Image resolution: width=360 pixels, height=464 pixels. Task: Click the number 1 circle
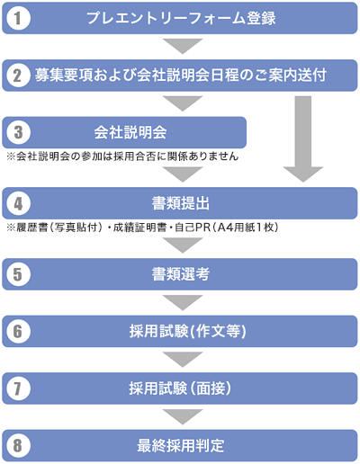[x=18, y=18]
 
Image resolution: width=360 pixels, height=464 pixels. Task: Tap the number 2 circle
[x=18, y=76]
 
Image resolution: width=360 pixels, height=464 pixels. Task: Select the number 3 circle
[x=18, y=132]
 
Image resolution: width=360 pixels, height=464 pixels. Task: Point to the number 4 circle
[x=18, y=203]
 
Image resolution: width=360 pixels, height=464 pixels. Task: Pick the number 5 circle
[x=18, y=274]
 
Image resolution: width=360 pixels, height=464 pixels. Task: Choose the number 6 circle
[x=18, y=331]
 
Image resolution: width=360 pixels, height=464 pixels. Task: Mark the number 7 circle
[x=18, y=388]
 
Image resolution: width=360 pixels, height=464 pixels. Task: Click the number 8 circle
[x=18, y=445]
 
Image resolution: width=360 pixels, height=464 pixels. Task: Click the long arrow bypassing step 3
[x=303, y=139]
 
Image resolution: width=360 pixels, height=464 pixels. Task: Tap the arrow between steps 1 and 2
[x=183, y=46]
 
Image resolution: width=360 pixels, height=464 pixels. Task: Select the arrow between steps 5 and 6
[x=183, y=302]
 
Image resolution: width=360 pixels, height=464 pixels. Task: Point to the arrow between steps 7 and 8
[x=183, y=416]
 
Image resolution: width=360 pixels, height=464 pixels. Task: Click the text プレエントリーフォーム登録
[x=181, y=18]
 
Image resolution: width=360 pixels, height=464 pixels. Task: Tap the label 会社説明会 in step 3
[x=130, y=132]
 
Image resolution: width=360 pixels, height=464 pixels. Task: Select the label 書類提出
[x=181, y=203]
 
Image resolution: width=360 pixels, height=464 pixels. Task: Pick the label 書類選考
[x=181, y=274]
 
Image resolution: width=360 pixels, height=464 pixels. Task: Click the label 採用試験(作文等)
[x=188, y=332]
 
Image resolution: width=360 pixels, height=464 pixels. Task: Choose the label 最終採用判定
[x=181, y=445]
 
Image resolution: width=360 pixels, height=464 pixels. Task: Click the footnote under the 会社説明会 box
[x=122, y=156]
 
